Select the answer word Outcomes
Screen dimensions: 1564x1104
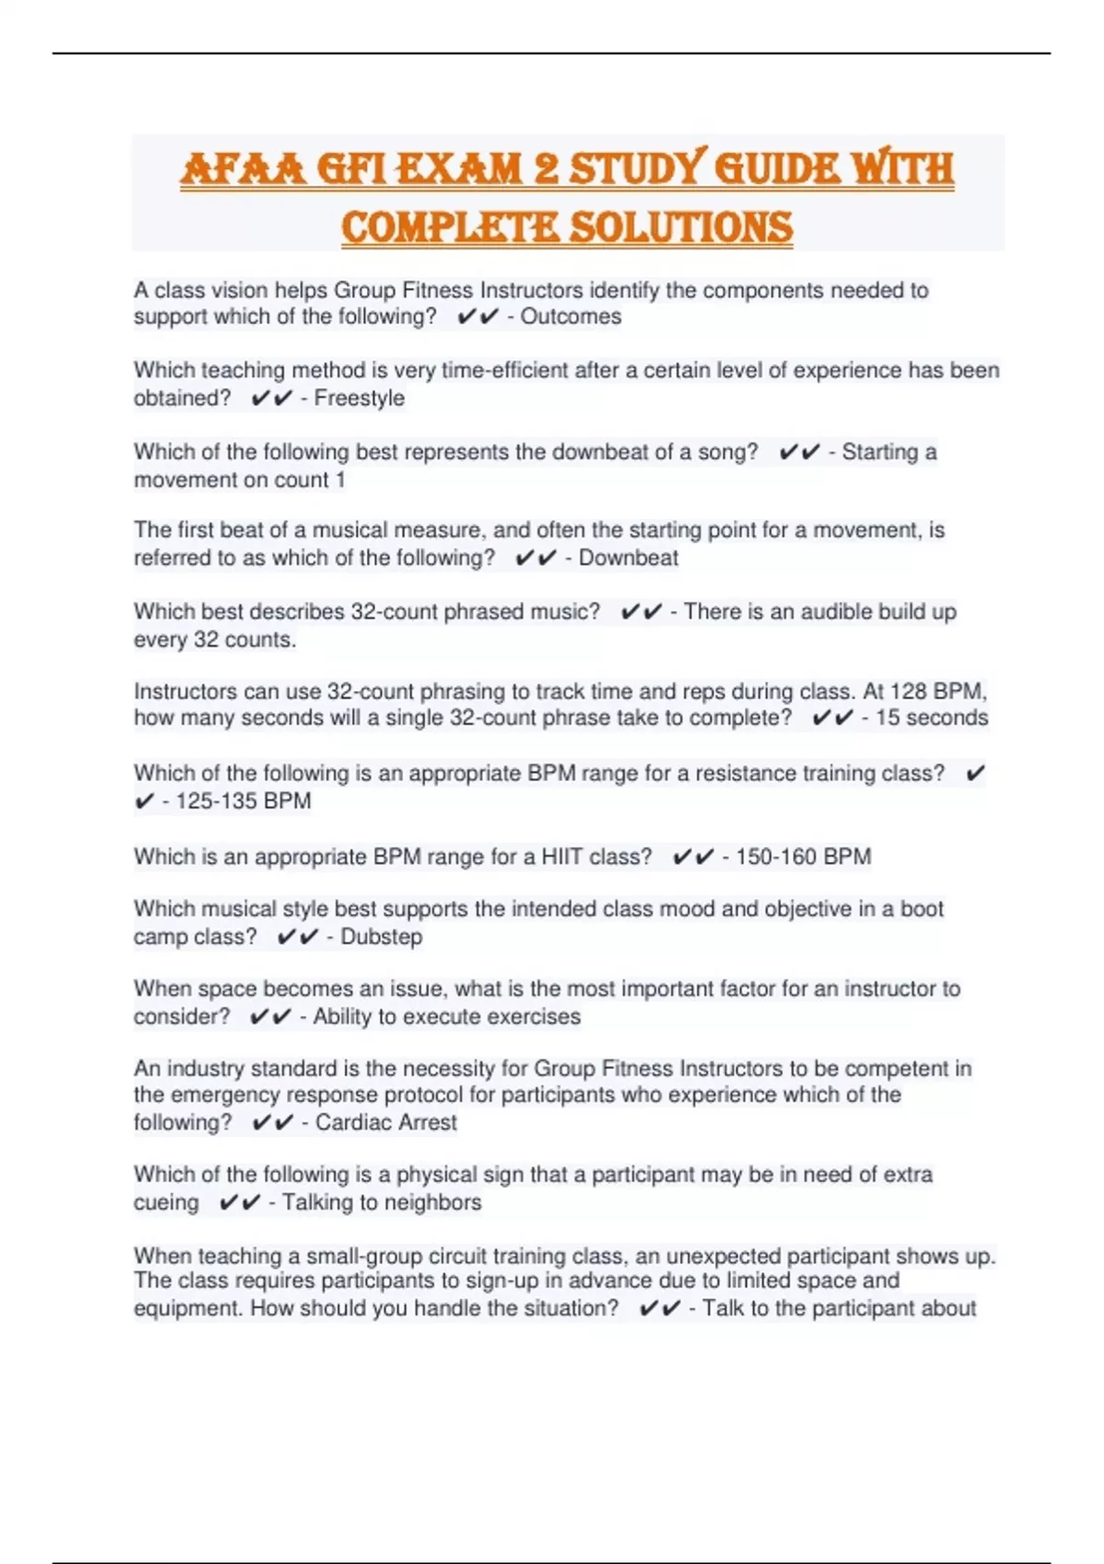[x=570, y=316]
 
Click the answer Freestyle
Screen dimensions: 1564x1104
[x=359, y=398]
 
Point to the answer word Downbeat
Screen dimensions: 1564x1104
[x=628, y=558]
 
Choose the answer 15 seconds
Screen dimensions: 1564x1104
[x=931, y=719]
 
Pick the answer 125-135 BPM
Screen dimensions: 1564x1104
[x=243, y=801]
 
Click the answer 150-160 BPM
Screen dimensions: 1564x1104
[x=802, y=857]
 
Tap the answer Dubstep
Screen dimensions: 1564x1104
[x=381, y=937]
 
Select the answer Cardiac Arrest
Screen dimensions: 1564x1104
[x=385, y=1123]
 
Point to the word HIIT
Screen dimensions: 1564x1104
[x=561, y=857]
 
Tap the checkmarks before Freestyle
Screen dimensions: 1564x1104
[x=270, y=398]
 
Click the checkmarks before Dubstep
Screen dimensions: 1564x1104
[x=296, y=937]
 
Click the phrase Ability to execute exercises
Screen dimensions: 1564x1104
[x=446, y=1018]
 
